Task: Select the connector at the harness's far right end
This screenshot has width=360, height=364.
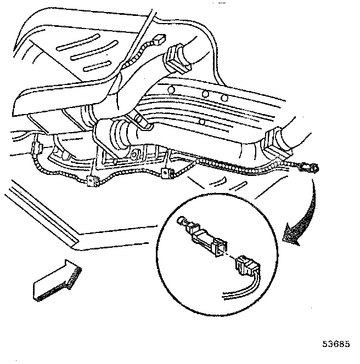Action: coord(308,167)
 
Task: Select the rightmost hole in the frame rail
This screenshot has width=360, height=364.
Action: coord(225,97)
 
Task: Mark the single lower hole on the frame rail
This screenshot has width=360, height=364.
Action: coord(202,121)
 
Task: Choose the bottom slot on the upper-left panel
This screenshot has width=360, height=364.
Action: coord(95,70)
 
